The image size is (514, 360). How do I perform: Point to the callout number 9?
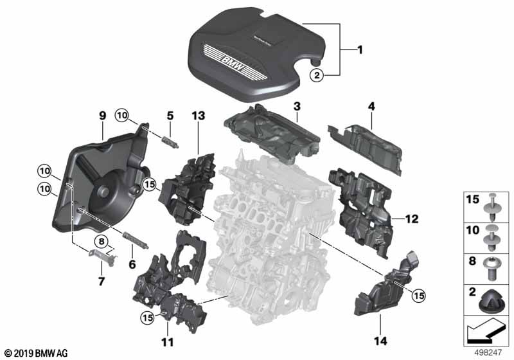(102, 116)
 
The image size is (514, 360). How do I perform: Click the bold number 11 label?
(167, 342)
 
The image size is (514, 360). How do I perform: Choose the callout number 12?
(411, 219)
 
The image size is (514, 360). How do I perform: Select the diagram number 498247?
(489, 353)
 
